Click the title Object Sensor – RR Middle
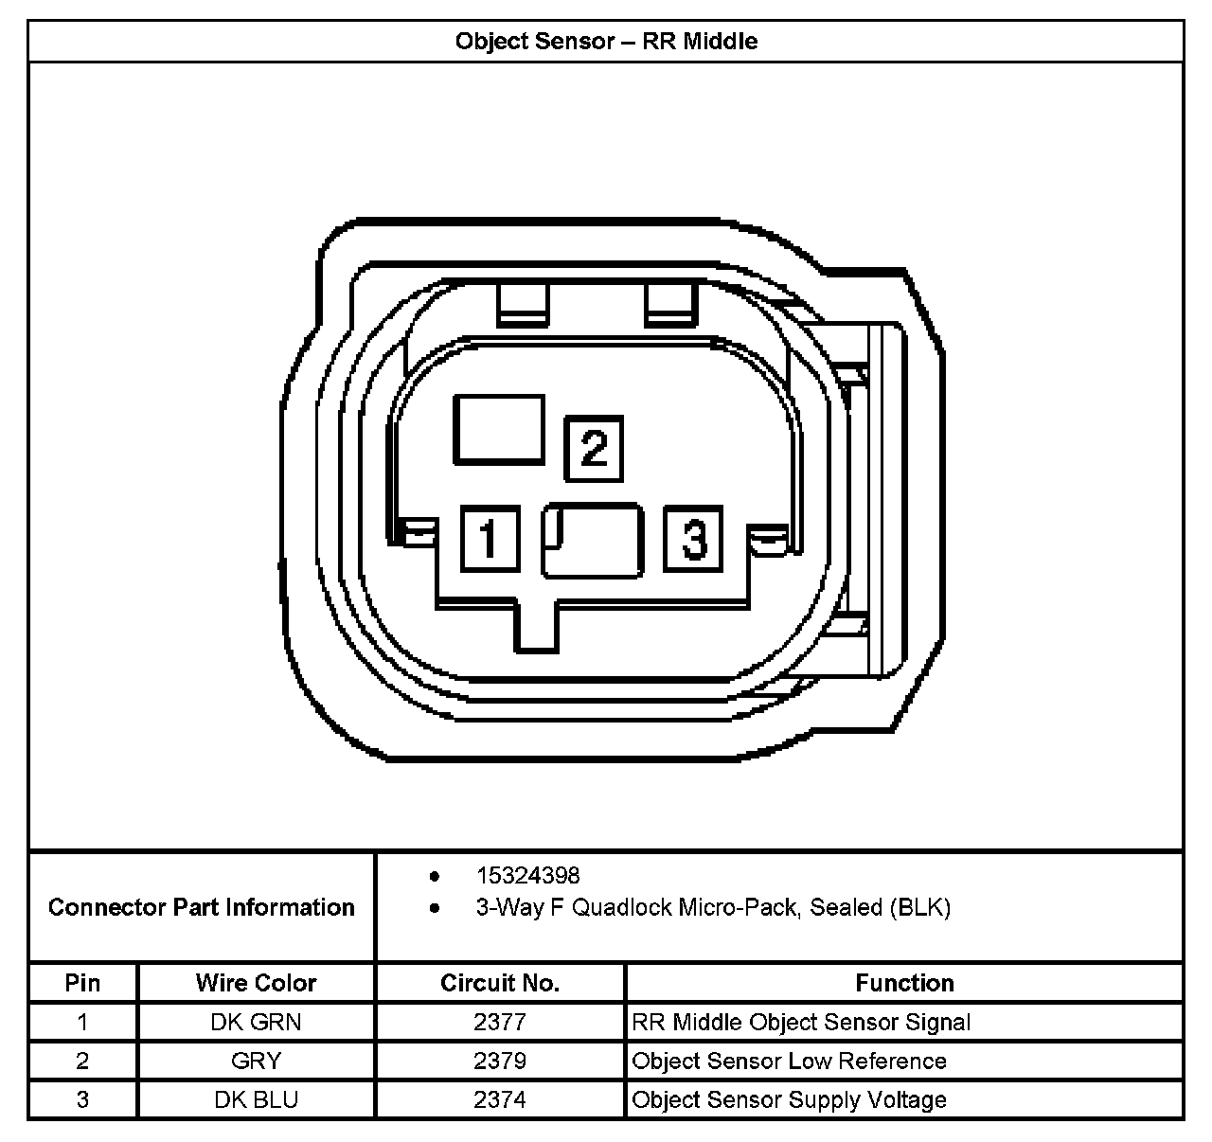coord(606,42)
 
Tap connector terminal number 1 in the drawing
coord(490,539)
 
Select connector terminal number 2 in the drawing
coord(594,447)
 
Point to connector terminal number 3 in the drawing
coord(693,539)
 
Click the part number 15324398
coord(527,876)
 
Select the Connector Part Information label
coord(201,907)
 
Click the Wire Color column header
coord(256,983)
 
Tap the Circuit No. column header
coord(500,983)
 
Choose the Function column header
coord(904,983)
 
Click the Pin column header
coord(82,983)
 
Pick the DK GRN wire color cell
coord(256,1023)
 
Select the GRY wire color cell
coord(256,1062)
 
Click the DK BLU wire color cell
coord(256,1100)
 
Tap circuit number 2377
coord(500,1023)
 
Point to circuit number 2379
coord(500,1062)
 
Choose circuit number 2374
coord(500,1100)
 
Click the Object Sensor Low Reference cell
coord(789,1062)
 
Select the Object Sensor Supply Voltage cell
coord(789,1100)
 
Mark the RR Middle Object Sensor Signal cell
coord(801,1023)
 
